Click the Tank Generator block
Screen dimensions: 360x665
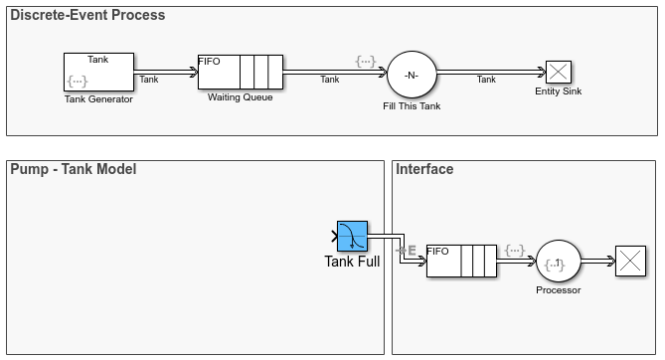pyautogui.click(x=97, y=72)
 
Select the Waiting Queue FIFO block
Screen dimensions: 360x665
pyautogui.click(x=240, y=72)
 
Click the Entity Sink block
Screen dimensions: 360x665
pyautogui.click(x=558, y=72)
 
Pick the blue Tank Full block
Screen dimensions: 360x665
pyautogui.click(x=352, y=237)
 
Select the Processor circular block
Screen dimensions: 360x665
pyautogui.click(x=558, y=263)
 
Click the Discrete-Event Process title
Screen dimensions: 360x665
pyautogui.click(x=88, y=16)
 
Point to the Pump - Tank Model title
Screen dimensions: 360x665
pyautogui.click(x=74, y=169)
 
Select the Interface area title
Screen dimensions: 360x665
pyautogui.click(x=424, y=169)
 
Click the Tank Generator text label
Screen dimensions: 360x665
pyautogui.click(x=97, y=98)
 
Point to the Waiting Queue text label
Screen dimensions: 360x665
pyautogui.click(x=240, y=97)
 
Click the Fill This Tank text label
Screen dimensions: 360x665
pyautogui.click(x=411, y=105)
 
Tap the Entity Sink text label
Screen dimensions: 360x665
pyautogui.click(x=558, y=91)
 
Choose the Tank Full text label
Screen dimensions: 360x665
pyautogui.click(x=352, y=262)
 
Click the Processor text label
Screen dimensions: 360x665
pyautogui.click(x=558, y=290)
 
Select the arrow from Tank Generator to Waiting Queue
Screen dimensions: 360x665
pyautogui.click(x=167, y=72)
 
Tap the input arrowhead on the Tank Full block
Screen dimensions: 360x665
pyautogui.click(x=334, y=237)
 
